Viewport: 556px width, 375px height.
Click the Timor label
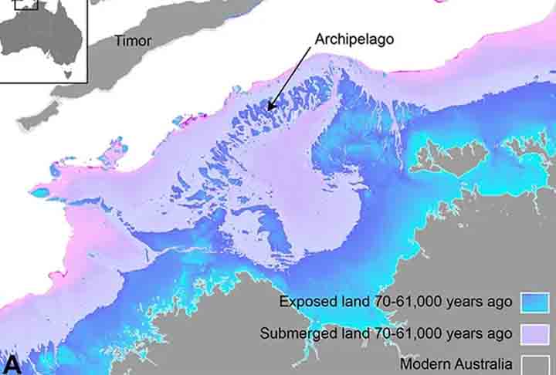click(134, 41)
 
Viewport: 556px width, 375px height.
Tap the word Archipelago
click(354, 38)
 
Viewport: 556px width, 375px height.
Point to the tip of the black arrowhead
click(268, 110)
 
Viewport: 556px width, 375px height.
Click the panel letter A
click(12, 365)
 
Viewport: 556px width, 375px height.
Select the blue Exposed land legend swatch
click(535, 301)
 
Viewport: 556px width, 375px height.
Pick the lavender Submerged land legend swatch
click(535, 333)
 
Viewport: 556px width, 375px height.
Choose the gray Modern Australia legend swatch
click(535, 364)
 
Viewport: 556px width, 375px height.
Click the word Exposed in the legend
click(307, 302)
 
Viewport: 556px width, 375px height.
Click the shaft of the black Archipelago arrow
click(292, 79)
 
